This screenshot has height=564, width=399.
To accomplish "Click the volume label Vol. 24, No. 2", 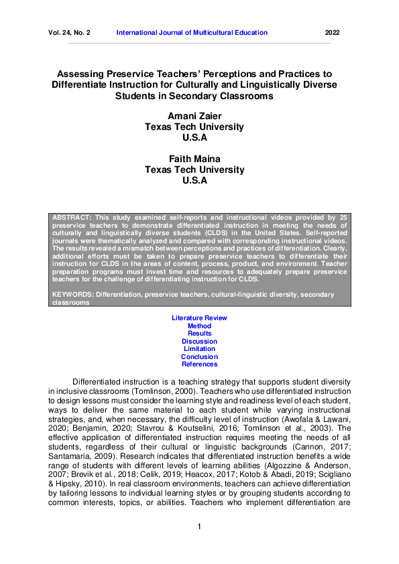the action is [69, 32].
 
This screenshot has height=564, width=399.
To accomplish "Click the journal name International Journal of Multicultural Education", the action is [192, 32].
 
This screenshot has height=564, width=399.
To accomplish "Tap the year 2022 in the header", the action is [333, 32].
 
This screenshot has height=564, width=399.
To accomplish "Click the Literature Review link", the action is [199, 318].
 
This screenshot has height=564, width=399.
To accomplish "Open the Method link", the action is [199, 326].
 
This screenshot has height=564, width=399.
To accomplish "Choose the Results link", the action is [199, 333].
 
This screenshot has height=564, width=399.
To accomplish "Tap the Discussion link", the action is [199, 341].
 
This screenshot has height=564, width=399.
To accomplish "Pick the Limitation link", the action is [199, 349].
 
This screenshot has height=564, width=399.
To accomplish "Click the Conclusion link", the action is [199, 357].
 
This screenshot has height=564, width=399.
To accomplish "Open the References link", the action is [199, 364].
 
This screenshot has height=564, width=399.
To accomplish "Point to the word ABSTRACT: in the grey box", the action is [70, 218].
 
